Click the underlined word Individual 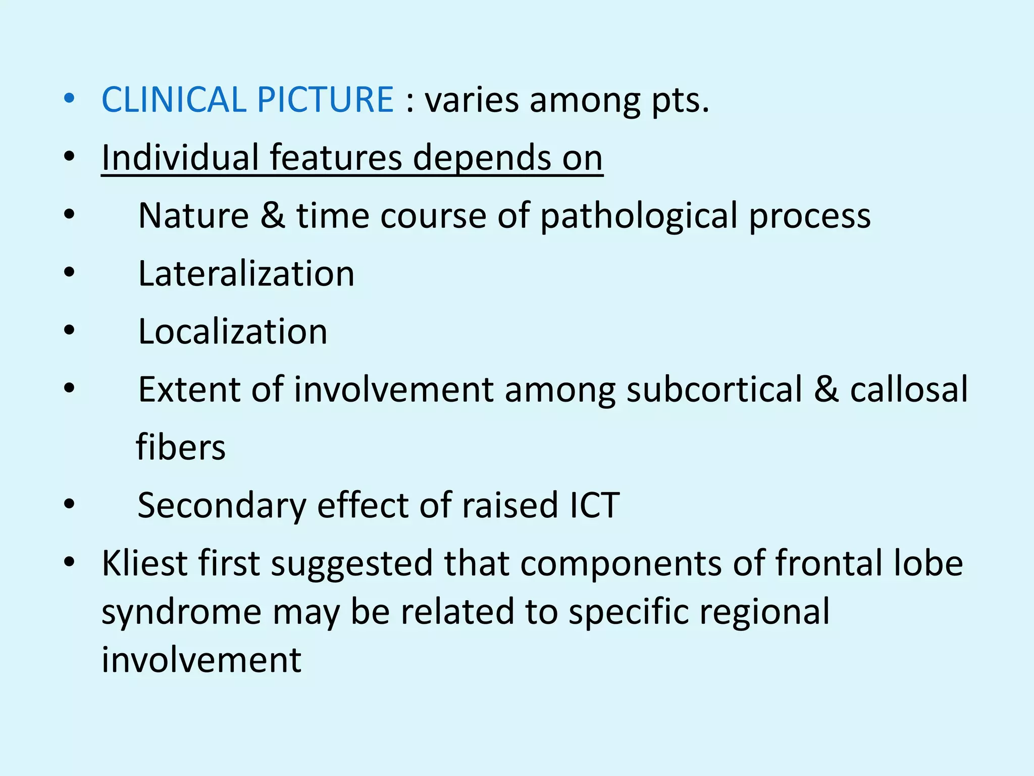[x=180, y=158]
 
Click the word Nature [x=193, y=216]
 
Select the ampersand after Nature [x=273, y=216]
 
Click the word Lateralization [x=246, y=274]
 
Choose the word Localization [x=233, y=332]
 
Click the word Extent [x=189, y=390]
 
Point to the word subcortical [x=714, y=391]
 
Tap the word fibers [x=181, y=448]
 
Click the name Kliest [x=144, y=563]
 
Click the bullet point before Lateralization [x=69, y=273]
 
